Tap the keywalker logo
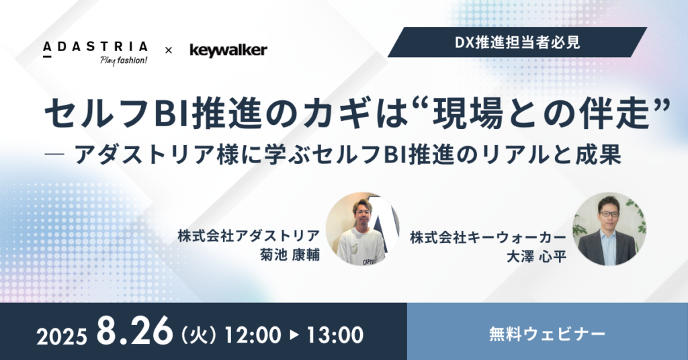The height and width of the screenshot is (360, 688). (228, 50)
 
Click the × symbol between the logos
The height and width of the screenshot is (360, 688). (169, 50)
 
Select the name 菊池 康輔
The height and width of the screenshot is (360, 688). (289, 255)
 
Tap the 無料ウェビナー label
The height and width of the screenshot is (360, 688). (547, 332)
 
